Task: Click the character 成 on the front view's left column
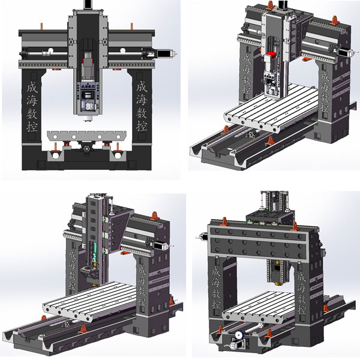coord(32,88)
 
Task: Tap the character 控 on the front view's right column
coord(142,126)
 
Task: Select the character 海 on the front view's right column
coord(142,100)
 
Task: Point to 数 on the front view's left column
coord(32,113)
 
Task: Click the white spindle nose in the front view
coord(88,118)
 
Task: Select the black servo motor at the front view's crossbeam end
coord(163,54)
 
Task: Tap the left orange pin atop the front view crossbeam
coord(41,26)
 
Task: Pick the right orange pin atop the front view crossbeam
coord(132,26)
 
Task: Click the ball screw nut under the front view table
coord(87,149)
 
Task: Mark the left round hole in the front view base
coord(56,155)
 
